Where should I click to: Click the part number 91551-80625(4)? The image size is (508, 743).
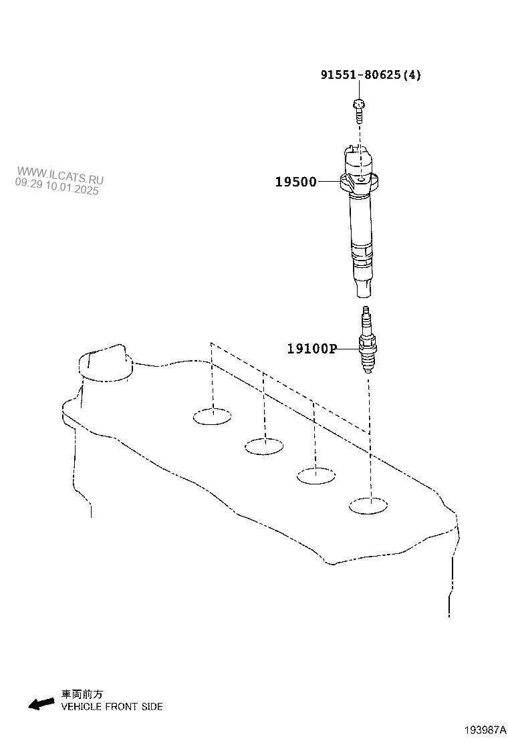pyautogui.click(x=370, y=75)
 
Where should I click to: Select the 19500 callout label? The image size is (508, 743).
pyautogui.click(x=296, y=182)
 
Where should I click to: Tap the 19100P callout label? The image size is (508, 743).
pyautogui.click(x=311, y=348)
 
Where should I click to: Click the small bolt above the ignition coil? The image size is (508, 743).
pyautogui.click(x=359, y=110)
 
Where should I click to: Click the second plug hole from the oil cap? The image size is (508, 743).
pyautogui.click(x=263, y=446)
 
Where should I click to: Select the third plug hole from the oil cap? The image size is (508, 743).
pyautogui.click(x=315, y=475)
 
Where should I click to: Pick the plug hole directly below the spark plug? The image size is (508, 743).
pyautogui.click(x=368, y=506)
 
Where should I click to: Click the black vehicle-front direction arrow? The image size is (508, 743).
pyautogui.click(x=41, y=703)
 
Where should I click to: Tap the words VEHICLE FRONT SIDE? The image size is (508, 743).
pyautogui.click(x=112, y=706)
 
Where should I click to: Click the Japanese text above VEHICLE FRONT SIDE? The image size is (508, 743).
pyautogui.click(x=82, y=695)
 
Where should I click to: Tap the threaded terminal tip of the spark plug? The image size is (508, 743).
pyautogui.click(x=365, y=312)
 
